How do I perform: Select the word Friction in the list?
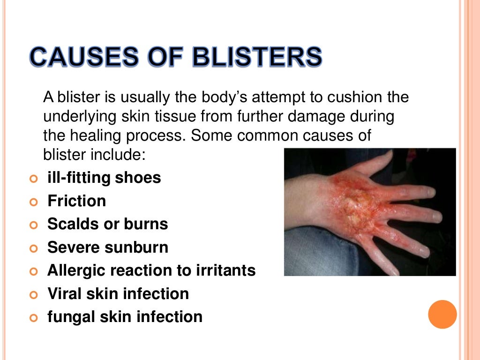coord(76,202)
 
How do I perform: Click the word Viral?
coord(63,294)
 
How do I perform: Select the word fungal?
coord(67,317)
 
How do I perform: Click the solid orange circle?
coord(442,314)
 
